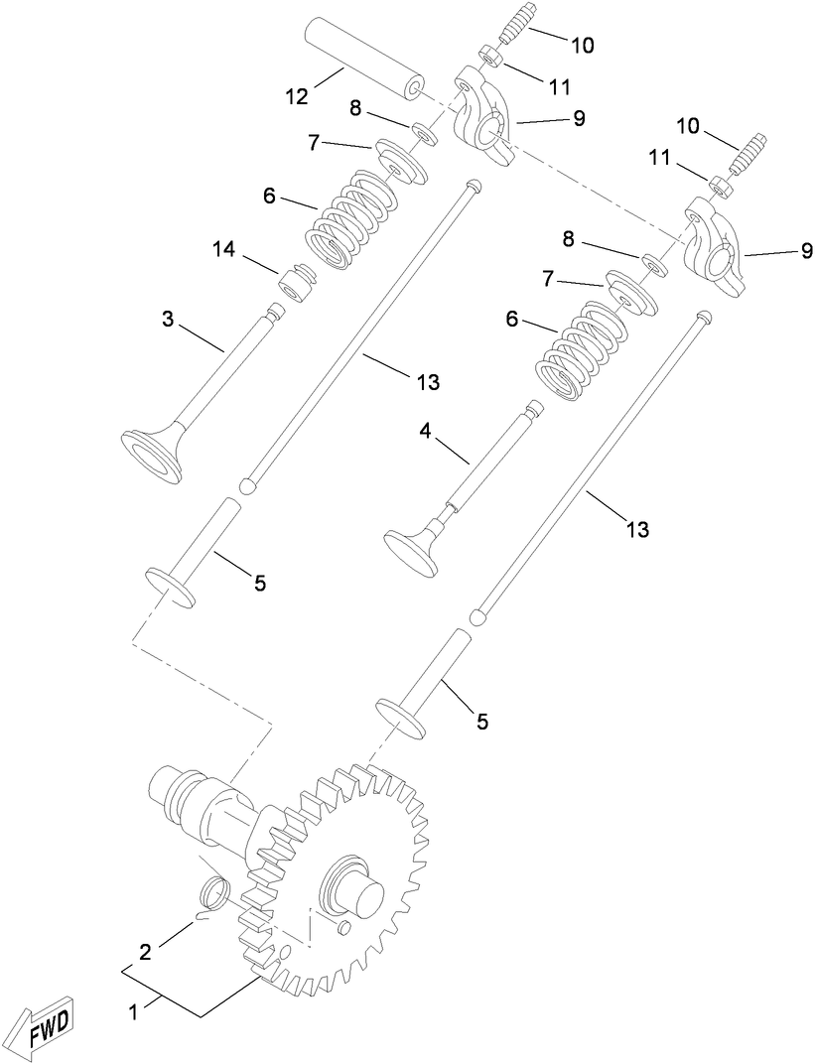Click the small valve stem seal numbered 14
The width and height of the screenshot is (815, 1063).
click(296, 283)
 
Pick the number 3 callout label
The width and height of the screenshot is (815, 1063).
click(168, 320)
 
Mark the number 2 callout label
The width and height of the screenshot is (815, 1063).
click(145, 953)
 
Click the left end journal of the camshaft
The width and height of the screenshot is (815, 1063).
click(168, 789)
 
